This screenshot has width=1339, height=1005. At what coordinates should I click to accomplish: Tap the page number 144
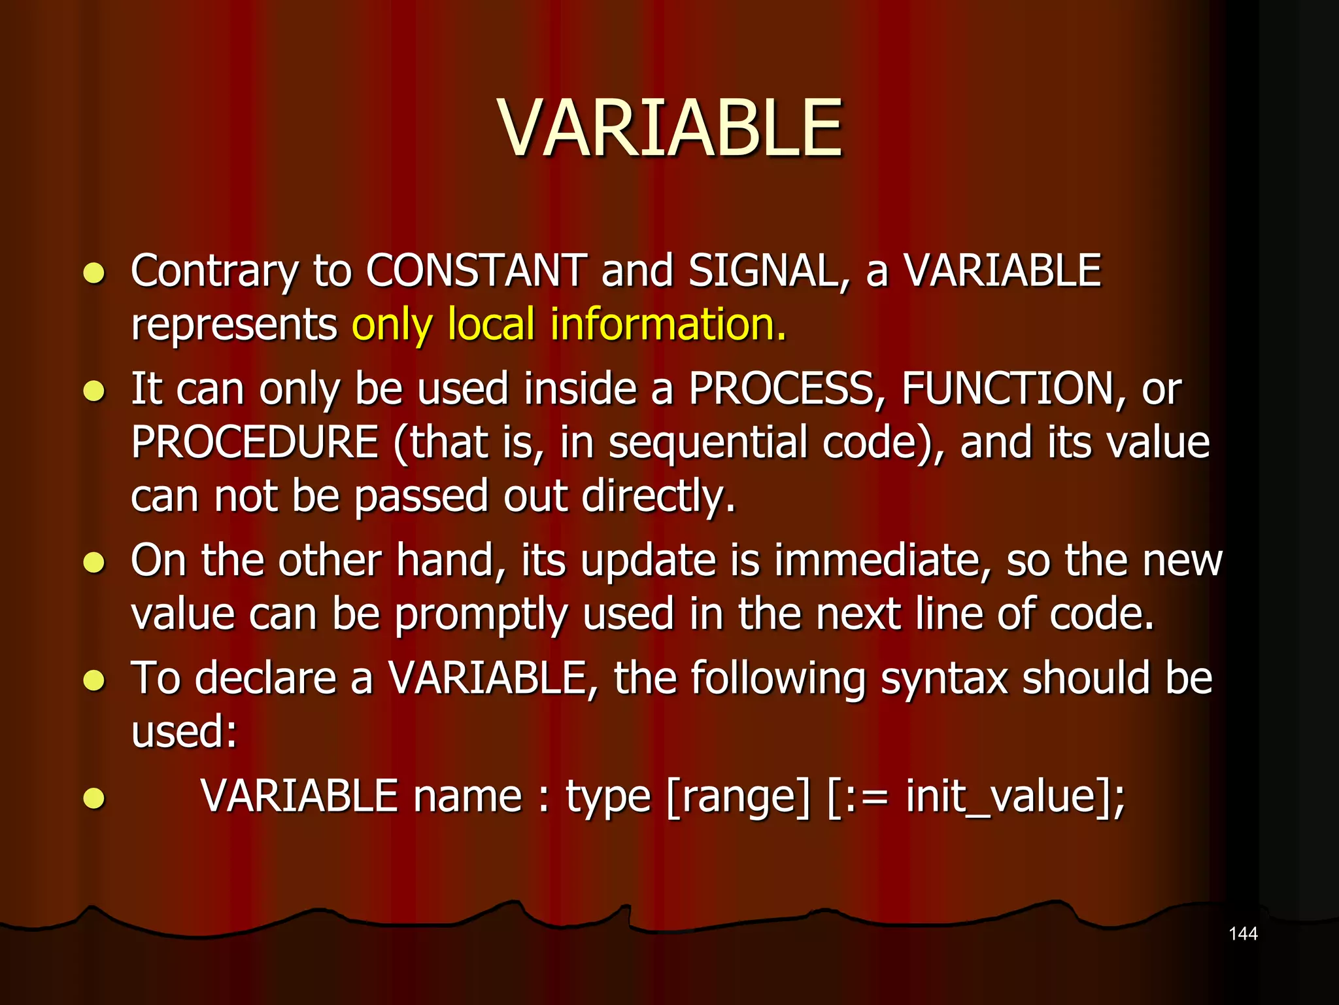1243,934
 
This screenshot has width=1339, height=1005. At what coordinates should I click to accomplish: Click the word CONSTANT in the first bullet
476,270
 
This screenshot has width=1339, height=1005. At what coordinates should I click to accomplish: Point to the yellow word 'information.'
668,324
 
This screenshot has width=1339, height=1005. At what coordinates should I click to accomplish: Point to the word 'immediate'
881,561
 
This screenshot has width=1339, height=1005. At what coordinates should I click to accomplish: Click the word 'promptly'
481,616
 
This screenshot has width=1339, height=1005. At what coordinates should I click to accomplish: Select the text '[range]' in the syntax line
738,797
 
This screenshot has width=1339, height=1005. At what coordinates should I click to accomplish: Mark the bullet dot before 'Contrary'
95,272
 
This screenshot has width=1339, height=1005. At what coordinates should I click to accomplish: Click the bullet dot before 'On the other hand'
95,562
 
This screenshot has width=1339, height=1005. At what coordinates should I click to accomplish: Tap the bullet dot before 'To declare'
95,680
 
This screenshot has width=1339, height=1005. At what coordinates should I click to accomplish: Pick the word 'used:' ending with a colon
184,732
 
